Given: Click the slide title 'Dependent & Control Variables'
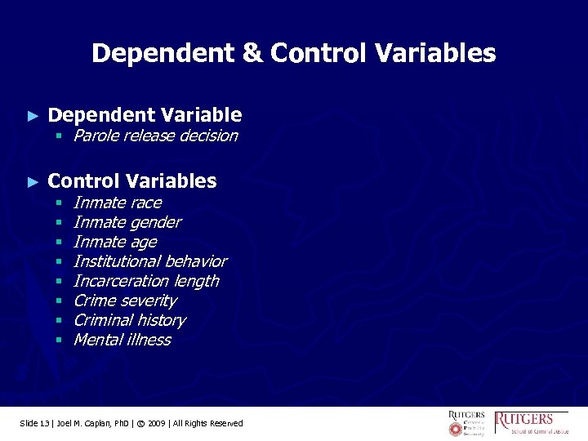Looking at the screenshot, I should [293, 54].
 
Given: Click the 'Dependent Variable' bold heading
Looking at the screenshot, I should [145, 115].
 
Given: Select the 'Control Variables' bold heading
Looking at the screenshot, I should [132, 180].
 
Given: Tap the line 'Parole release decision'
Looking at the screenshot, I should [155, 136].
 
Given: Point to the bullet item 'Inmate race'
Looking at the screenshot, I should [117, 203].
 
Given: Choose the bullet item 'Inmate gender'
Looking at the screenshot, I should [127, 222].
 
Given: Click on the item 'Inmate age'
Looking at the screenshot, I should [114, 242].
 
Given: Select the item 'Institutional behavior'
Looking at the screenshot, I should [149, 261].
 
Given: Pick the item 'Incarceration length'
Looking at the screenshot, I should [145, 281].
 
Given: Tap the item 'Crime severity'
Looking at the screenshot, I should [124, 301].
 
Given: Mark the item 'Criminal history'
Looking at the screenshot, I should [129, 320].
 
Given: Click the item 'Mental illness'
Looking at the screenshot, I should [122, 340].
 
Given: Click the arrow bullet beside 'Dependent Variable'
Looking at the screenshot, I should [33, 116].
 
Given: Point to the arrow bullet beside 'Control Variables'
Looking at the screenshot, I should [33, 181].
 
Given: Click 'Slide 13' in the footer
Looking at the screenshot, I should [35, 423].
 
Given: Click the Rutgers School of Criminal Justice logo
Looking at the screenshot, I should [532, 422].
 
